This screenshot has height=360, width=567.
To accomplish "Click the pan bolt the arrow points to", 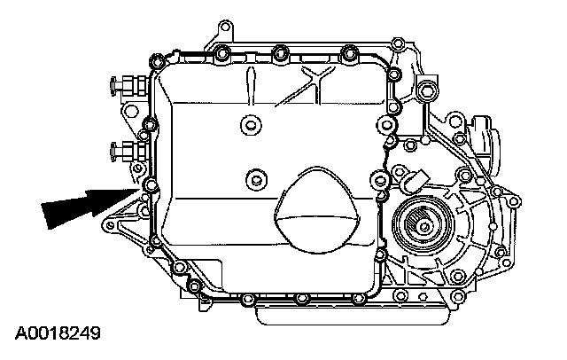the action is coord(149,186).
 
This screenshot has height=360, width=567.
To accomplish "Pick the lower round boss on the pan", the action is coord(257,180).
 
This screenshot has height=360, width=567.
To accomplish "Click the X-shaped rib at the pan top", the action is coord(315,72).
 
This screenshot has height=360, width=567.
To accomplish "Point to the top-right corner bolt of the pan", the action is coord(387,64).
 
